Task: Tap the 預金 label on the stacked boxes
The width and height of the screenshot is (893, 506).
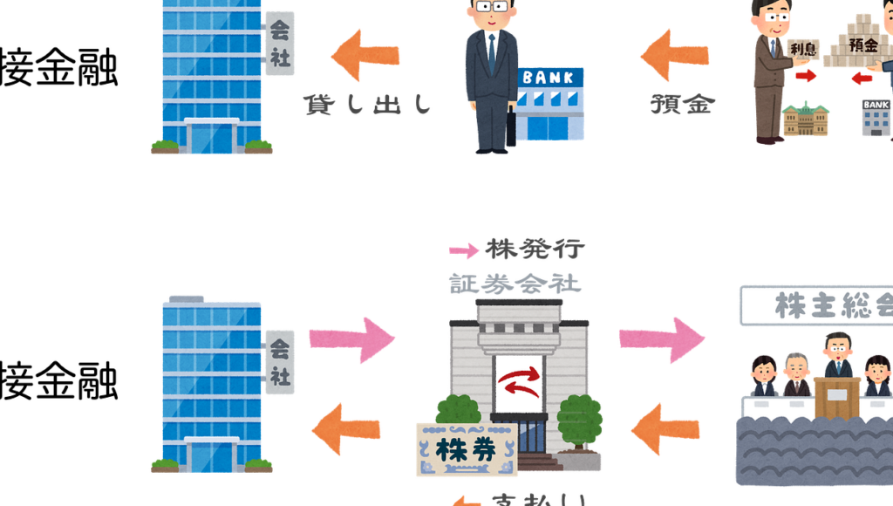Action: point(862,44)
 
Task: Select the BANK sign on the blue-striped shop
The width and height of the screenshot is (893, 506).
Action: point(550,78)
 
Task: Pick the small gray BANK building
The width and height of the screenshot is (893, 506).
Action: point(876,117)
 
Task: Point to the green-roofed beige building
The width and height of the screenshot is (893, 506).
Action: point(805,120)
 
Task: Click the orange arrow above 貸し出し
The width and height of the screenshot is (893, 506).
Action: point(366,54)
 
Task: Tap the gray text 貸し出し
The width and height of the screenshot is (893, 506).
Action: point(368,105)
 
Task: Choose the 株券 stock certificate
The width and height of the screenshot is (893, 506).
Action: point(466,450)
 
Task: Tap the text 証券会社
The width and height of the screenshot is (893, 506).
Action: point(515,284)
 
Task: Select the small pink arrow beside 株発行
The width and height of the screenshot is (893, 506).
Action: point(464,251)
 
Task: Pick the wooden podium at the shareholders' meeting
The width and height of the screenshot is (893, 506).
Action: point(836,397)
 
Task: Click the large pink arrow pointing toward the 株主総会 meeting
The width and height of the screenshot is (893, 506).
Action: point(662,338)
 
